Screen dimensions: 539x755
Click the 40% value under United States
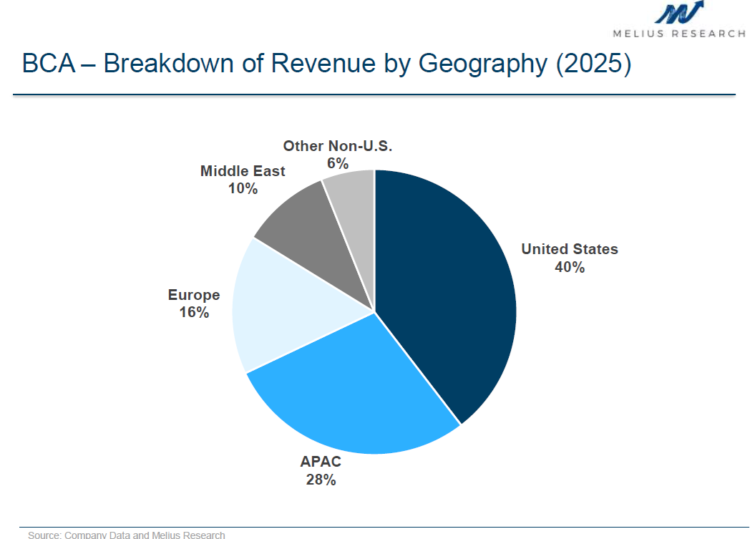(x=570, y=268)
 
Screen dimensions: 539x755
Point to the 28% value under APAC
(x=321, y=480)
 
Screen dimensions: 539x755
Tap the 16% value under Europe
(x=194, y=313)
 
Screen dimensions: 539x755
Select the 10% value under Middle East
(x=243, y=189)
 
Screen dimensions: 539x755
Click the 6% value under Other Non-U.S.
(x=338, y=163)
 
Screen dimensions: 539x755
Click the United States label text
(x=570, y=249)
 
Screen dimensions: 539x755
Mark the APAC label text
(x=321, y=462)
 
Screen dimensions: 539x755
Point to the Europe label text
(x=194, y=295)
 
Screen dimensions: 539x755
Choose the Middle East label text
(x=243, y=171)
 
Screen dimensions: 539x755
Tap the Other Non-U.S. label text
(x=338, y=146)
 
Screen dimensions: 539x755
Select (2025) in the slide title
(x=593, y=64)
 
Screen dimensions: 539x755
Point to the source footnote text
(x=127, y=535)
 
